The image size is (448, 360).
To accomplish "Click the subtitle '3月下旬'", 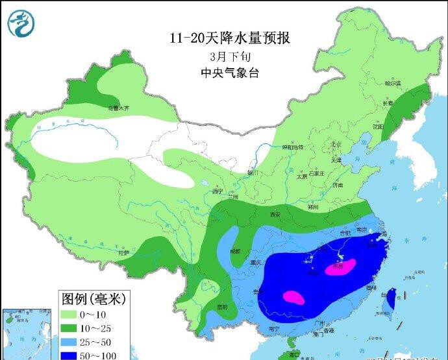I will click(229, 56).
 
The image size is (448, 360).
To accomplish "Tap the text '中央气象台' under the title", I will click(230, 73).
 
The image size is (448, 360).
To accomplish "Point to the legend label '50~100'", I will click(111, 355).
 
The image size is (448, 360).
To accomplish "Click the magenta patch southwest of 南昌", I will click(293, 297).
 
